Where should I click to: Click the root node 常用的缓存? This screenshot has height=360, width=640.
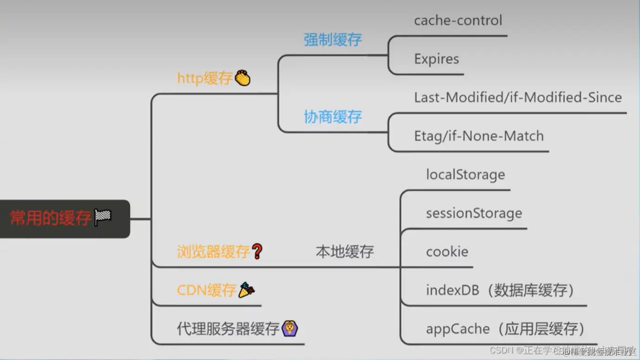(51, 218)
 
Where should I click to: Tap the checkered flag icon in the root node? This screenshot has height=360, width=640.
(103, 217)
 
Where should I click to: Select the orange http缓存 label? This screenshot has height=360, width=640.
(204, 78)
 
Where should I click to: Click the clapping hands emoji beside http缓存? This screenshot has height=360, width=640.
(242, 78)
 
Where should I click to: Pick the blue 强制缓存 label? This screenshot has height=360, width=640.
(333, 39)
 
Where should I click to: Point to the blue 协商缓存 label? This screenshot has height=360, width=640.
(333, 117)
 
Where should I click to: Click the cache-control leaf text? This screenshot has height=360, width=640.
(458, 20)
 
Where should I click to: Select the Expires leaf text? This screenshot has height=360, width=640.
(436, 59)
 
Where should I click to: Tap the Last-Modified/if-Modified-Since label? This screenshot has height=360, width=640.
(518, 98)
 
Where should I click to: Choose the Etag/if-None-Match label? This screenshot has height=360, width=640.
(478, 136)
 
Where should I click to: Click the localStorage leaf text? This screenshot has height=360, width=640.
(465, 175)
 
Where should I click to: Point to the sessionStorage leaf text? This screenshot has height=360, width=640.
(474, 213)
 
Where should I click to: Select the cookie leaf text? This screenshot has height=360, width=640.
(447, 252)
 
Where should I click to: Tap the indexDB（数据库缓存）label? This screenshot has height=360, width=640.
(500, 290)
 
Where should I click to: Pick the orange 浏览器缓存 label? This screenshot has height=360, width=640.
(213, 252)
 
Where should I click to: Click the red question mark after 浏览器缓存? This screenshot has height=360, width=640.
(257, 251)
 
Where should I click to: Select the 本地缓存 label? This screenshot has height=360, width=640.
(345, 252)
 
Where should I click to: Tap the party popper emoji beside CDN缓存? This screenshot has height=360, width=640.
(246, 290)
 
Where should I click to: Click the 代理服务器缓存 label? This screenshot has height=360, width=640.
(228, 329)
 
